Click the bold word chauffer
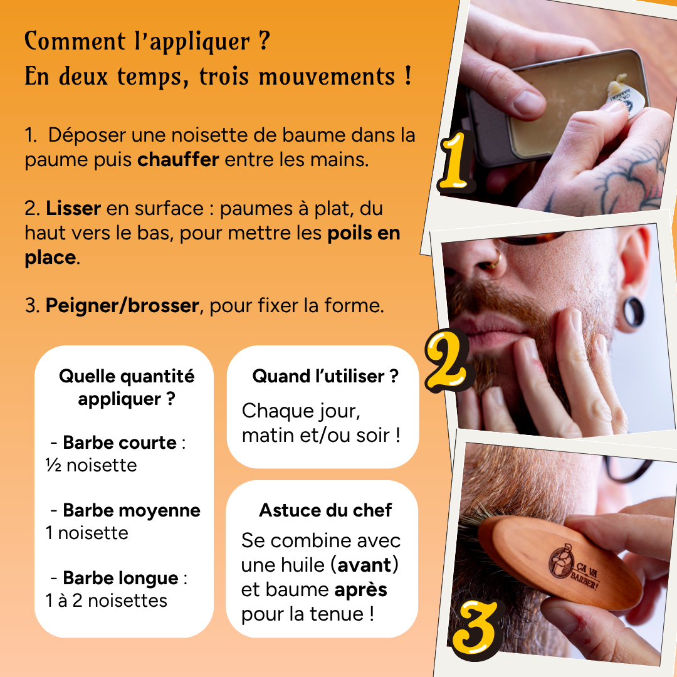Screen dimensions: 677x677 (178, 159)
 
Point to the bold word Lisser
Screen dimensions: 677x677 (73, 208)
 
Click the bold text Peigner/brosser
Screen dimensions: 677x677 (122, 307)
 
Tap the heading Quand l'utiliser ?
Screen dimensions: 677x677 (325, 376)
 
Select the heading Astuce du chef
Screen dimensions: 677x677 (325, 510)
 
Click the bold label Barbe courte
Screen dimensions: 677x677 (119, 443)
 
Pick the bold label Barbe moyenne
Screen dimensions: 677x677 (131, 510)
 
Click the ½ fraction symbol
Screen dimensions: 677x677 (53, 466)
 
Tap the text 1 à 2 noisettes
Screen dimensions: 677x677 (106, 601)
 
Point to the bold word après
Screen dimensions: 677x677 (360, 590)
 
